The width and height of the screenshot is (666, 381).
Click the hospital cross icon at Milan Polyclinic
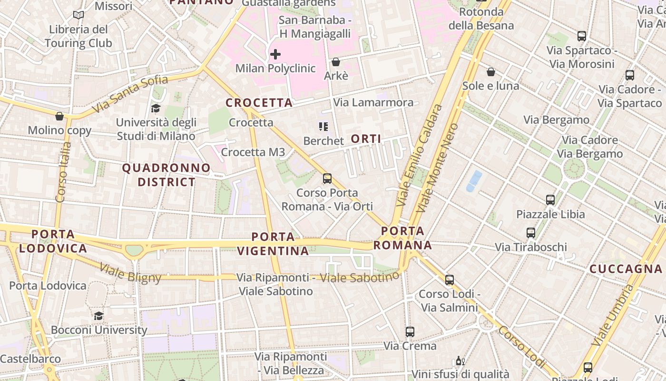(x=275, y=54)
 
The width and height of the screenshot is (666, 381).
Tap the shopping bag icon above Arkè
(x=336, y=62)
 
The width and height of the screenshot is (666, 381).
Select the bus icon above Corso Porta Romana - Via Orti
(x=327, y=179)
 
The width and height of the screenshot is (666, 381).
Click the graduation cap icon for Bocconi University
(x=98, y=316)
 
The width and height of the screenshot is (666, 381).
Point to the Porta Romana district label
(x=402, y=238)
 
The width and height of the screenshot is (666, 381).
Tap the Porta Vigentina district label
(x=273, y=243)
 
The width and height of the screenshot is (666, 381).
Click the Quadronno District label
(x=166, y=175)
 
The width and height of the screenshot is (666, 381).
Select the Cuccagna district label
(x=626, y=269)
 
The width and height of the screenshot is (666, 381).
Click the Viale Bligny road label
(x=130, y=273)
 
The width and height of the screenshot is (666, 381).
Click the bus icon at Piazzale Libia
(x=550, y=200)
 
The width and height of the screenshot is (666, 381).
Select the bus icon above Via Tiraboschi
(x=531, y=233)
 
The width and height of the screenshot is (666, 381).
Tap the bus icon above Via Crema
(x=410, y=331)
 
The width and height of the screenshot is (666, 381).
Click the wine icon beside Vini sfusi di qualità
(x=460, y=361)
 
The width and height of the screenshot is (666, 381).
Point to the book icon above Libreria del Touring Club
(x=78, y=15)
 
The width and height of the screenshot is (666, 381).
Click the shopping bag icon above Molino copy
(x=59, y=116)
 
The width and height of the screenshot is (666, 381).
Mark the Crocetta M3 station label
(x=253, y=152)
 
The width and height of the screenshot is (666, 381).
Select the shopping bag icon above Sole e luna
(x=490, y=72)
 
